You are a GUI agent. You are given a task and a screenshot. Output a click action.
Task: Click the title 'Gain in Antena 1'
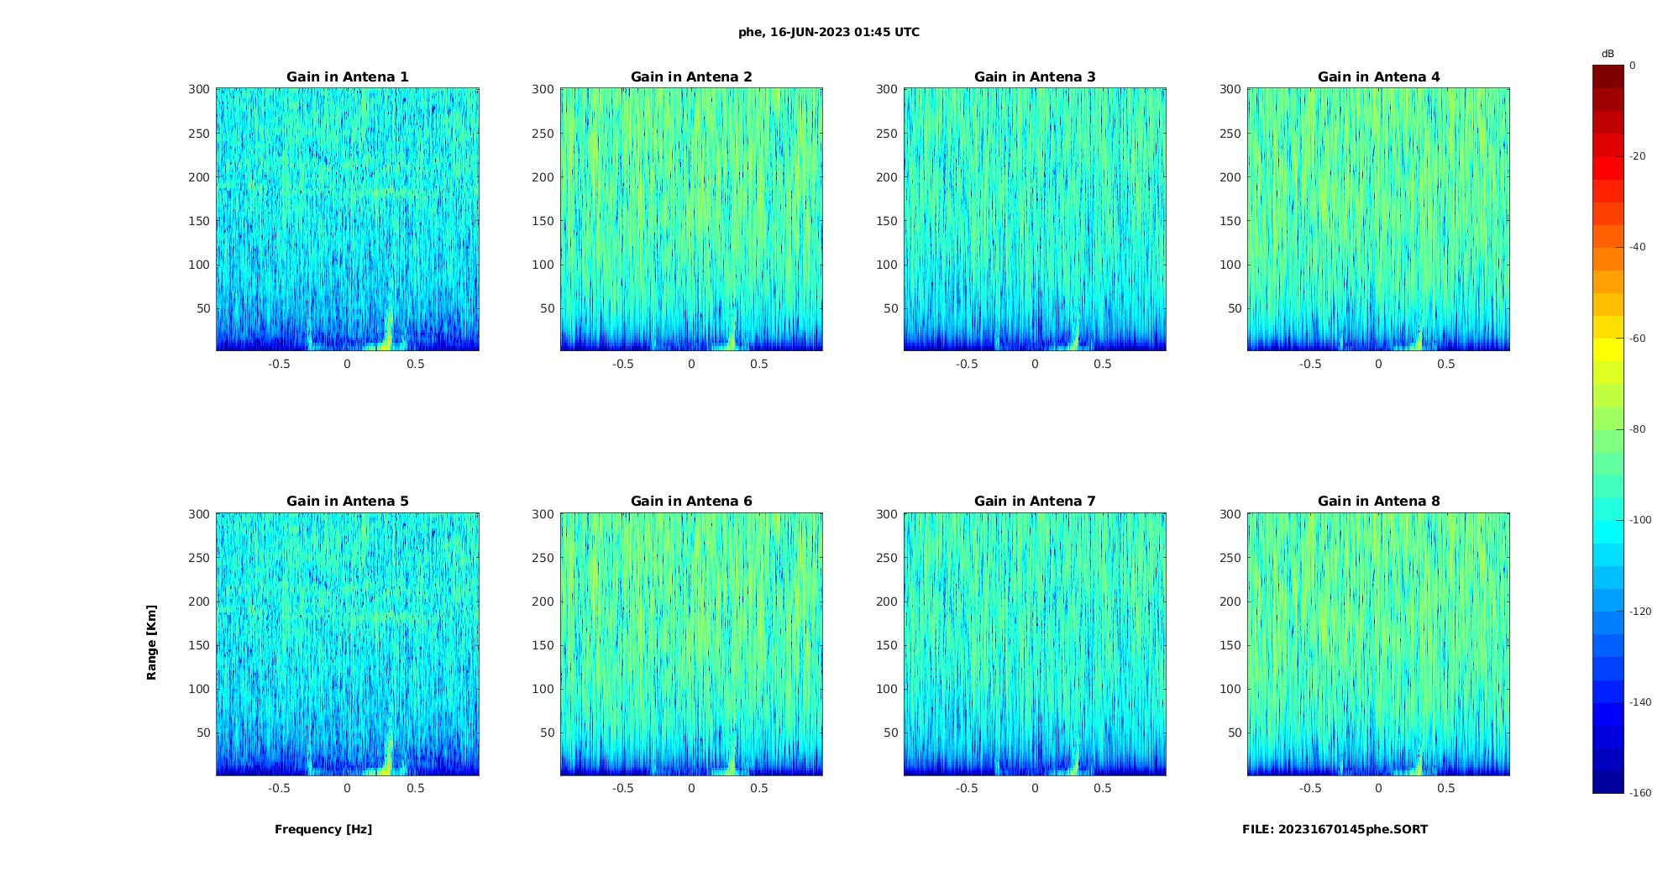point(347,77)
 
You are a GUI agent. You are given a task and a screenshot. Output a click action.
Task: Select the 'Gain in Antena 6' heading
point(691,502)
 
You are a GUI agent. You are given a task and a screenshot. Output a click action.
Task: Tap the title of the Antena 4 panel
point(1378,77)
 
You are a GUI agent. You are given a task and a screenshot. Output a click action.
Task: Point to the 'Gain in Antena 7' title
point(1035,502)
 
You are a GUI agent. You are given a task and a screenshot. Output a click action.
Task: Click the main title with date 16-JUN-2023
point(828,33)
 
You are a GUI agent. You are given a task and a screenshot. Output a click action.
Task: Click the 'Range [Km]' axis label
point(151,642)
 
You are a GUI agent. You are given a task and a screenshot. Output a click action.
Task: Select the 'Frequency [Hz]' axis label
point(323,829)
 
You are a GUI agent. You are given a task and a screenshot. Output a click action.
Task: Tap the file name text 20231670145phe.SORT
point(1335,829)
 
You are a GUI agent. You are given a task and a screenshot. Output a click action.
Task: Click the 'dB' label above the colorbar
point(1608,54)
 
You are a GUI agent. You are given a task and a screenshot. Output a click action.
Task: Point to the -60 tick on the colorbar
point(1638,339)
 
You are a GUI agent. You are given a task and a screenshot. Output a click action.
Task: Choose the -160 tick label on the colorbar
point(1640,793)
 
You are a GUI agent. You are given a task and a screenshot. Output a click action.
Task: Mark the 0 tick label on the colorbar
point(1633,66)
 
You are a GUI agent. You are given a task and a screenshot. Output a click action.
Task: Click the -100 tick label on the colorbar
point(1640,520)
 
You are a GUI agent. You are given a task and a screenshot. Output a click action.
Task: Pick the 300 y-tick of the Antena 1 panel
point(199,89)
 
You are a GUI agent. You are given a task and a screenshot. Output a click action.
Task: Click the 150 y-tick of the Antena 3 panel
point(887,221)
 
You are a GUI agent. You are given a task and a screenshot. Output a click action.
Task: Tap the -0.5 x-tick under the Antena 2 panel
point(622,364)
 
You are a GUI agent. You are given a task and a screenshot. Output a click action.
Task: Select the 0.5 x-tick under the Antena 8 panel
point(1445,788)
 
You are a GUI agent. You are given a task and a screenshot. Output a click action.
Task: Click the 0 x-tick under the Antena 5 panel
point(347,788)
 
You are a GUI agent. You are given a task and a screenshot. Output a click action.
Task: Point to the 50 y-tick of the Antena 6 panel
point(548,733)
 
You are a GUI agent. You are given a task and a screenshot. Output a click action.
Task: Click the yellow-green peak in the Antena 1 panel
point(387,333)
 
